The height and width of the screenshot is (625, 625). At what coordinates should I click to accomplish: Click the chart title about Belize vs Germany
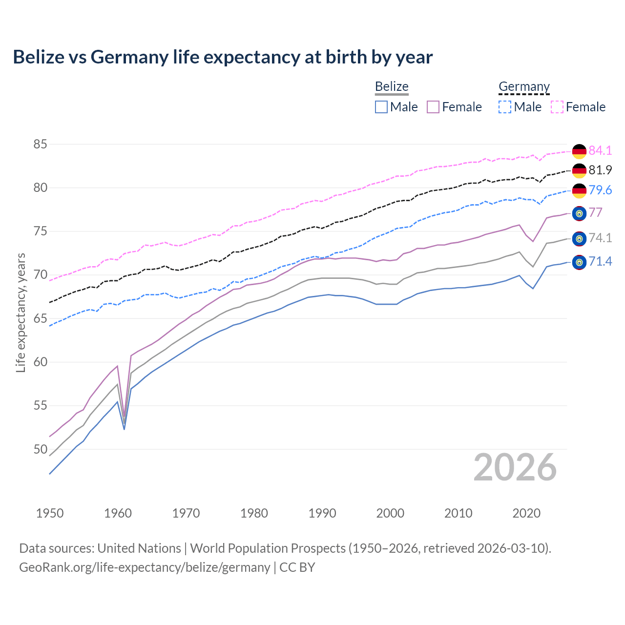click(223, 57)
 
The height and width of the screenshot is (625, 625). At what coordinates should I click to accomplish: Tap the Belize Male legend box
click(381, 107)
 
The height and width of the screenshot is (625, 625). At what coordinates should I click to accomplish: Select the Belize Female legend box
click(433, 107)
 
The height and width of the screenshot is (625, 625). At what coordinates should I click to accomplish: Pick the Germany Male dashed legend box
click(505, 107)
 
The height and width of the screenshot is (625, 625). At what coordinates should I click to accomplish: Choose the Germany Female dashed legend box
click(557, 107)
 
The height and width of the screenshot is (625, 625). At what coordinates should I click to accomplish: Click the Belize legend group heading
click(392, 86)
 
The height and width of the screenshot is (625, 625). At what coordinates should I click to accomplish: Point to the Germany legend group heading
click(524, 86)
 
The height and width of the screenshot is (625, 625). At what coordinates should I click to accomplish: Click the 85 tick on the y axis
click(40, 145)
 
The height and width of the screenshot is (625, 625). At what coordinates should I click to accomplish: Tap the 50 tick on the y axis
click(40, 449)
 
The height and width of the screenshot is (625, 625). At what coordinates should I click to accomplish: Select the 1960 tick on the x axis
click(118, 513)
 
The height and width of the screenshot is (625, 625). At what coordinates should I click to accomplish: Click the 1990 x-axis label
click(322, 513)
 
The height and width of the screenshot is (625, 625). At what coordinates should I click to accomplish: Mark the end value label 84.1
click(600, 150)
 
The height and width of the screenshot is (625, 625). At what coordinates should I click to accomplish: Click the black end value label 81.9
click(600, 170)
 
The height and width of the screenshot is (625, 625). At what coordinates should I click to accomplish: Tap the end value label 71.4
click(600, 262)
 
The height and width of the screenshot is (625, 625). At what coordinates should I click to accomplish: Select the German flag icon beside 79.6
click(579, 190)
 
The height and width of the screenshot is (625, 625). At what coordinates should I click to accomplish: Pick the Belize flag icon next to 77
click(579, 213)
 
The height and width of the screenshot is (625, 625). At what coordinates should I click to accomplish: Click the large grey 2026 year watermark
click(515, 467)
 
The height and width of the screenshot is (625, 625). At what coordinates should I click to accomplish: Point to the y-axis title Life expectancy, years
click(21, 312)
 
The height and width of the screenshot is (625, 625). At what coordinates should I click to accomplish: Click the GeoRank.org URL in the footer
click(145, 567)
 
